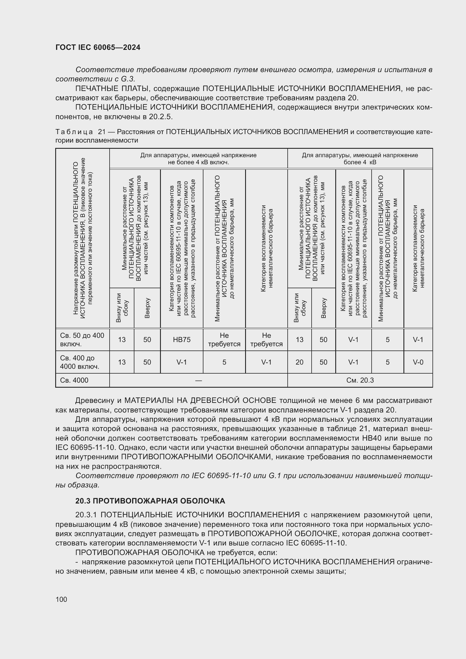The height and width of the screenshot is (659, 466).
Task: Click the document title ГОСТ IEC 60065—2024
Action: pyautogui.click(x=98, y=47)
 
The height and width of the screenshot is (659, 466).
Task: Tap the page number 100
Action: pyautogui.click(x=61, y=599)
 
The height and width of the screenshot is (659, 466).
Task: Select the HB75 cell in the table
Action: pyautogui.click(x=182, y=340)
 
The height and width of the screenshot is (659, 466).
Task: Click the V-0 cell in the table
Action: pyautogui.click(x=418, y=362)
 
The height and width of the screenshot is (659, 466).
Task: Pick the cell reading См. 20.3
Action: pyautogui.click(x=360, y=380)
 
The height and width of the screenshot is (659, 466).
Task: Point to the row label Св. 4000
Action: pyautogui.click(x=74, y=380)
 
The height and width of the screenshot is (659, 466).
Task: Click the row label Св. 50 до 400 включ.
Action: pyautogui.click(x=82, y=340)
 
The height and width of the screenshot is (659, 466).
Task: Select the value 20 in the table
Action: pyautogui.click(x=299, y=362)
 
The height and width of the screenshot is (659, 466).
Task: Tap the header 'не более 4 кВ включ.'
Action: pyautogui.click(x=198, y=162)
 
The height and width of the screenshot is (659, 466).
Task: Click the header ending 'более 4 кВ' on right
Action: pyautogui.click(x=360, y=162)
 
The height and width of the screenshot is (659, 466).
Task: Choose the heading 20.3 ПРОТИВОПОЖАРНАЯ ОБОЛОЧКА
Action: pyautogui.click(x=150, y=501)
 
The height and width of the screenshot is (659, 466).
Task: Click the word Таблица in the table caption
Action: pyautogui.click(x=74, y=132)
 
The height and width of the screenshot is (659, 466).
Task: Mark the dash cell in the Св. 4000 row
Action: pyautogui.click(x=198, y=380)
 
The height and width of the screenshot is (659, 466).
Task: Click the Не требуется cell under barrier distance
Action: pyautogui.click(x=224, y=340)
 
